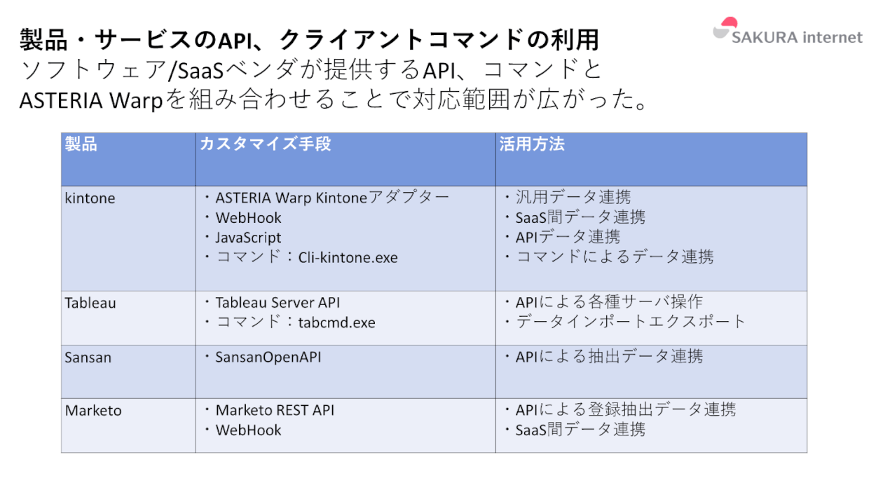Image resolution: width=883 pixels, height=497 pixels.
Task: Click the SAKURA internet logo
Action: pyautogui.click(x=787, y=32)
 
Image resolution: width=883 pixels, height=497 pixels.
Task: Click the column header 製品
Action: pyautogui.click(x=81, y=144)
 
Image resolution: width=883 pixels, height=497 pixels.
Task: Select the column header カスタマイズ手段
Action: pyautogui.click(x=266, y=144)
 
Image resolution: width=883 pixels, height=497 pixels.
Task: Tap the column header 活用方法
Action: pyautogui.click(x=532, y=144)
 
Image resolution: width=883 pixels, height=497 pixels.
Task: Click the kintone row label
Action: pyautogui.click(x=90, y=198)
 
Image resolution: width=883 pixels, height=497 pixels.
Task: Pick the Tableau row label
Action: pyautogui.click(x=90, y=303)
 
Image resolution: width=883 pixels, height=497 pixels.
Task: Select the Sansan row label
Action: pyautogui.click(x=88, y=358)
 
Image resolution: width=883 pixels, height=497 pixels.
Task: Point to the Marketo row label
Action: pyautogui.click(x=93, y=411)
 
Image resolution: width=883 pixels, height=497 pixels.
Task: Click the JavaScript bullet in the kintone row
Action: pyautogui.click(x=248, y=238)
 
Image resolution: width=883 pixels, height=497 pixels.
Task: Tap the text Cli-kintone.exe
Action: pyautogui.click(x=348, y=257)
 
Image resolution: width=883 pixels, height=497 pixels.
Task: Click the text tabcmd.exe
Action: pyautogui.click(x=336, y=322)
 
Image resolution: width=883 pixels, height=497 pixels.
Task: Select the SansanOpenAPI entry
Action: pyautogui.click(x=268, y=357)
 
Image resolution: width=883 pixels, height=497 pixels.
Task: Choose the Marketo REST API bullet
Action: pyautogui.click(x=275, y=410)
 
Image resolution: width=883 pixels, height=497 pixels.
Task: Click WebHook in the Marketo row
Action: pyautogui.click(x=248, y=430)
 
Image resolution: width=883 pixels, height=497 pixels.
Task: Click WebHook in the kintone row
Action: pyautogui.click(x=248, y=218)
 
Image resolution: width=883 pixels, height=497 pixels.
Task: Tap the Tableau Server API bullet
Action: pyautogui.click(x=278, y=303)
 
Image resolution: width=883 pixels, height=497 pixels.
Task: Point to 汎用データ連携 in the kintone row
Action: pyautogui.click(x=573, y=197)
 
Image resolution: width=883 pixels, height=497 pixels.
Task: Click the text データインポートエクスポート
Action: pyautogui.click(x=631, y=322)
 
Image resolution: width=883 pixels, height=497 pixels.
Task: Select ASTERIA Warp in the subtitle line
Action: pyautogui.click(x=91, y=100)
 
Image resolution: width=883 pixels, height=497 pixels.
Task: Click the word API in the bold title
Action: pyautogui.click(x=235, y=41)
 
